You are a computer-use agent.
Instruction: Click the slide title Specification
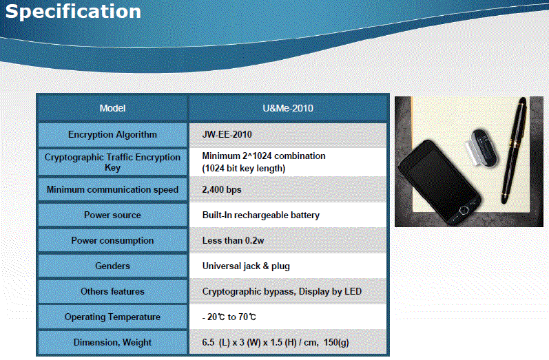pos(73,12)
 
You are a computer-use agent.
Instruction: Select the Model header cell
pos(112,108)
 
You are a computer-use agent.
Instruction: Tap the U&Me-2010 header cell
pos(288,108)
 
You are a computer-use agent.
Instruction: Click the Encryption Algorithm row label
pos(112,135)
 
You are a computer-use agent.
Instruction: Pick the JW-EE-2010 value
pos(227,135)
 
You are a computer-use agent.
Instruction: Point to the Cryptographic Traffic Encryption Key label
pos(112,162)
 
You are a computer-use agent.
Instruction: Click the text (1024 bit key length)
pos(244,169)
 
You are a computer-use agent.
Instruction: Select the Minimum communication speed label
pos(112,189)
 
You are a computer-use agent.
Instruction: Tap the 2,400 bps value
pos(222,189)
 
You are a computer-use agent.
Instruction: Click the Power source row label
pos(112,215)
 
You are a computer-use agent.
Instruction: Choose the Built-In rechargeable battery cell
pos(288,215)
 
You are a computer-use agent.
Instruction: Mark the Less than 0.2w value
pos(233,241)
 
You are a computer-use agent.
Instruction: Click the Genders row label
pos(112,266)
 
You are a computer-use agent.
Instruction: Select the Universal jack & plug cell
pos(288,266)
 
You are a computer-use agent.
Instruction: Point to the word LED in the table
pos(353,291)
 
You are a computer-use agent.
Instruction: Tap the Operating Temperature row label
pos(112,317)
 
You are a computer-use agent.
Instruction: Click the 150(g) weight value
pos(336,343)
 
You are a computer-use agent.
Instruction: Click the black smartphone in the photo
pos(440,183)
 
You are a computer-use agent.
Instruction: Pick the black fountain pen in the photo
pos(513,151)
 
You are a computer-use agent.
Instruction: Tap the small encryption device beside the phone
pos(481,147)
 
